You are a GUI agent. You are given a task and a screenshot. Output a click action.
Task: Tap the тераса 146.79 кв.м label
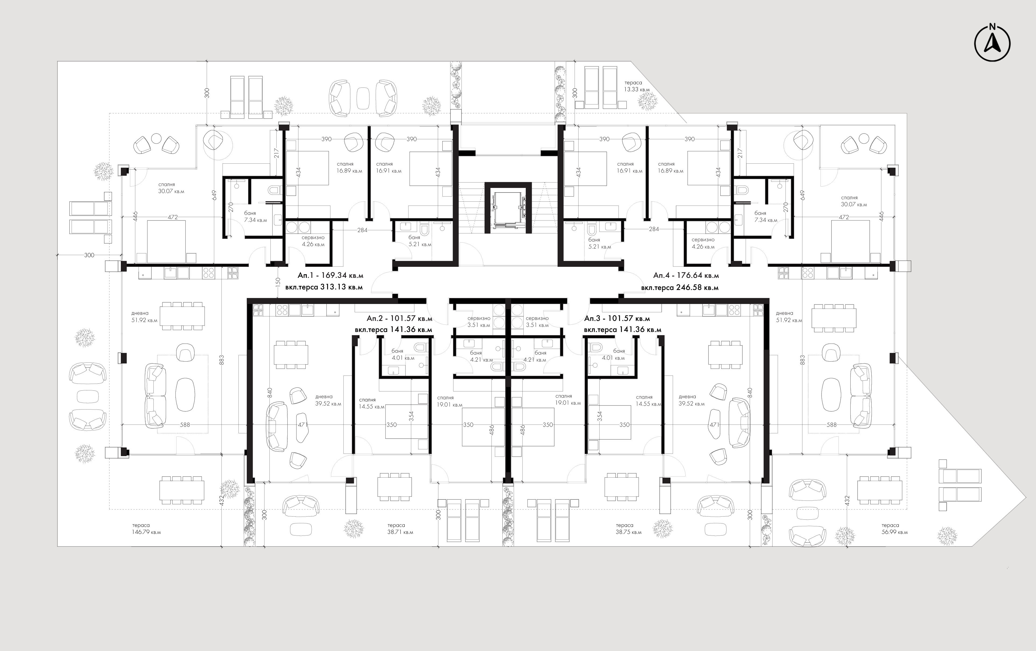(146, 529)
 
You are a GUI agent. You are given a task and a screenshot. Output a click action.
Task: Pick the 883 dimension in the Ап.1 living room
(221, 359)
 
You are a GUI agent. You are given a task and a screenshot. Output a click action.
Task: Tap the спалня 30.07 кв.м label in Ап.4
(854, 201)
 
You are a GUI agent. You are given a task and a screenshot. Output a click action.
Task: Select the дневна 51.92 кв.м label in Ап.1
(145, 317)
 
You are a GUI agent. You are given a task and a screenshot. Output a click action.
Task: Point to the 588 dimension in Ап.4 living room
(832, 425)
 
